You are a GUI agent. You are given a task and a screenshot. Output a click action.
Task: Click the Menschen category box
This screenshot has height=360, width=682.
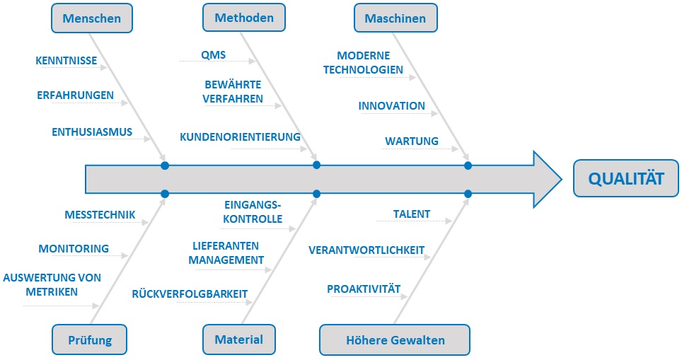pos(92,18)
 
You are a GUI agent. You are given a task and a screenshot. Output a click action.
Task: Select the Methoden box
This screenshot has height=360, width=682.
pos(244,18)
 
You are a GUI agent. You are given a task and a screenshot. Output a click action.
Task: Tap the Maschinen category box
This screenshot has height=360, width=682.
pos(395,18)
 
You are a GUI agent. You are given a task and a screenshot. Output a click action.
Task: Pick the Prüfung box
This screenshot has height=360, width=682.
pos(90,339)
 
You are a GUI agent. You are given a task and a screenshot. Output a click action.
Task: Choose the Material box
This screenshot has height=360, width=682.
pos(239,339)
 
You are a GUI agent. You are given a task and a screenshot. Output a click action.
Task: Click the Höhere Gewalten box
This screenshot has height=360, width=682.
pos(395,340)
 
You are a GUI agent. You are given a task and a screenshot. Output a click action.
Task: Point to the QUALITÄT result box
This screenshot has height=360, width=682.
pos(626,178)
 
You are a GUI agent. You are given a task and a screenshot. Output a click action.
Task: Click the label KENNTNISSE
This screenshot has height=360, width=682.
pos(66,60)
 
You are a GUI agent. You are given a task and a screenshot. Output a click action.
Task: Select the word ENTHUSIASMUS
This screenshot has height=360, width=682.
pos(92,132)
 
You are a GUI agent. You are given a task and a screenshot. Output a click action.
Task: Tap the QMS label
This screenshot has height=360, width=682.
pos(213,55)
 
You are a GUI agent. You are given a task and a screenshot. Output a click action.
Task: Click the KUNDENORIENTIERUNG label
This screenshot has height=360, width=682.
pos(240,137)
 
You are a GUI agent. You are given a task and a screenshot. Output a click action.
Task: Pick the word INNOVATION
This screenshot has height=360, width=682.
pos(391,105)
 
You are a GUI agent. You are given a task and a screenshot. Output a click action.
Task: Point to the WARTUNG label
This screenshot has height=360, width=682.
pos(412,141)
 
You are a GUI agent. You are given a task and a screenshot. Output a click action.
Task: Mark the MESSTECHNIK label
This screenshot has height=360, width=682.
pos(100,215)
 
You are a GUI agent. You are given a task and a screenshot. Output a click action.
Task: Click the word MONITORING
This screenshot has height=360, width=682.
pos(74,249)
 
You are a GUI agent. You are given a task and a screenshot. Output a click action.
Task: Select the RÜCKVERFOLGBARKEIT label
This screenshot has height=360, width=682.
pos(190,294)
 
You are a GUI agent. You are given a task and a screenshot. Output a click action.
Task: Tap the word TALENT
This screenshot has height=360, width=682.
pos(412,214)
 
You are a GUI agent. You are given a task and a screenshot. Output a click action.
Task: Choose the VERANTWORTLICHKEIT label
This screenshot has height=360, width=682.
pos(366,250)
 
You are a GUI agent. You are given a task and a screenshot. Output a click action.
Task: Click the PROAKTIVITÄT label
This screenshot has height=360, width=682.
pos(364,289)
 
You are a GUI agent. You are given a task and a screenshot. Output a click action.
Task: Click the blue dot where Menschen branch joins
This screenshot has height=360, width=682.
pos(165,166)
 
